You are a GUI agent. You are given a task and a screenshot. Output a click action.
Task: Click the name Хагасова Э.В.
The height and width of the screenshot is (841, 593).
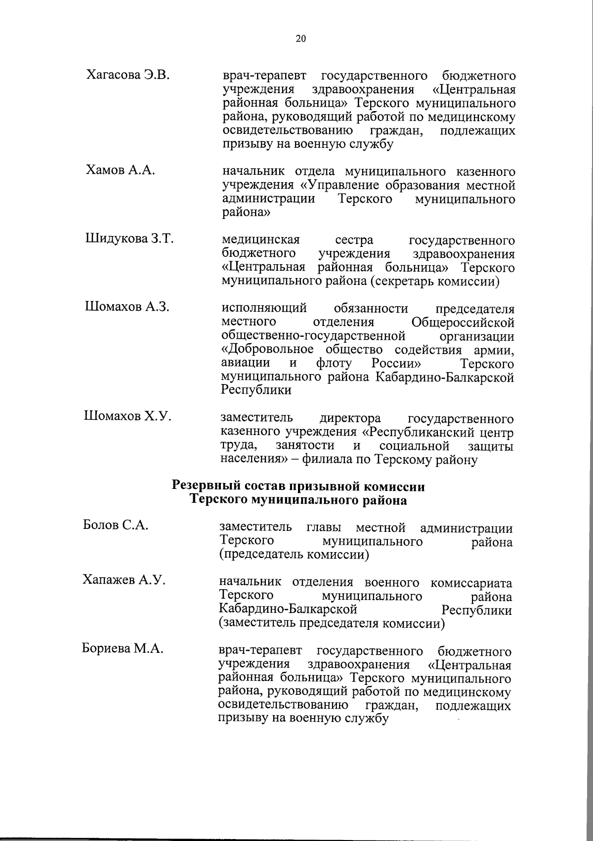point(128,75)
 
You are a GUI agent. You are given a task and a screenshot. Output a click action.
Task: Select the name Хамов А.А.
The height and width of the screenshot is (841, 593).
point(121,170)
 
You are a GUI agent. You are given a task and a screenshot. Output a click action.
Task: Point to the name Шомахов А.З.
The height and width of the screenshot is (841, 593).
point(127,307)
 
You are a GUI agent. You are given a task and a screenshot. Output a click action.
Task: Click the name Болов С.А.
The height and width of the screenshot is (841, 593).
point(116,525)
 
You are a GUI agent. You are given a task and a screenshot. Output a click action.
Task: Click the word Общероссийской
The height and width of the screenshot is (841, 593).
point(463,323)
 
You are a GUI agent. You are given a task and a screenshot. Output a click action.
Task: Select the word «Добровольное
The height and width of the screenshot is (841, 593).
point(266,350)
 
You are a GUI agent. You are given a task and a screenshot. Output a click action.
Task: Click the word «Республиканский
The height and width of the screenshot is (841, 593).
point(416,433)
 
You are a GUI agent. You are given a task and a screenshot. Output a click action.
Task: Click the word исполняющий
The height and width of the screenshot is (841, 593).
point(264,309)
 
